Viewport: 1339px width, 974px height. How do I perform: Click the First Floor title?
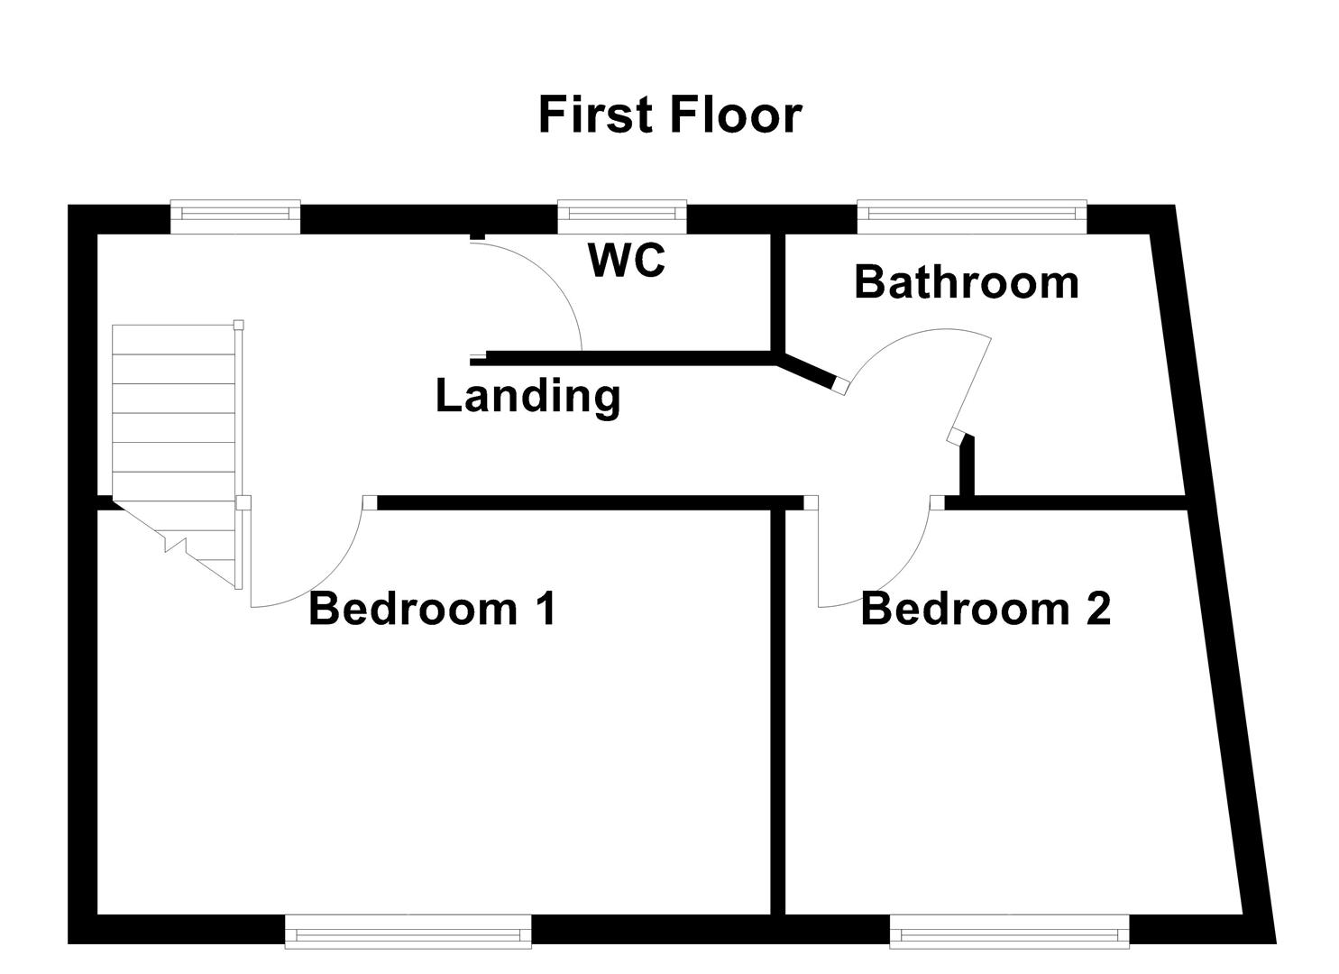(x=669, y=115)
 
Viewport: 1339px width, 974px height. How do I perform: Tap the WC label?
(x=627, y=261)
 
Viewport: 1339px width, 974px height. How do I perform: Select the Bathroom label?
(x=966, y=282)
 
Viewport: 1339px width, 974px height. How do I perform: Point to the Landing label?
(x=527, y=397)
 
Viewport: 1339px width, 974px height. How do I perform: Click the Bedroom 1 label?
(x=433, y=609)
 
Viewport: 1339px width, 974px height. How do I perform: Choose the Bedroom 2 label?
(x=985, y=609)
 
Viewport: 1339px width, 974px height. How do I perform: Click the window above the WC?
(x=621, y=213)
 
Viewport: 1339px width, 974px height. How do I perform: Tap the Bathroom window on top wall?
(x=971, y=213)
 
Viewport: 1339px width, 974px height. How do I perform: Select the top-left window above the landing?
(x=235, y=213)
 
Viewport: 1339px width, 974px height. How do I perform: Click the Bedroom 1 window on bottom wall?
(x=408, y=932)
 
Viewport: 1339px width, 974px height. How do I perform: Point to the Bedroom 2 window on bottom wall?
(x=1009, y=932)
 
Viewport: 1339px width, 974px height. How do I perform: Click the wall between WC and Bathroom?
(x=776, y=293)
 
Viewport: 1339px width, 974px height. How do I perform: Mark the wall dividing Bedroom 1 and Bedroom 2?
(x=777, y=712)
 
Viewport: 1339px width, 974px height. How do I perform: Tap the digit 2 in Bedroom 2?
(x=1097, y=609)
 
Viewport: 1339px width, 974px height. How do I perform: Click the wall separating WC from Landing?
(x=631, y=358)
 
